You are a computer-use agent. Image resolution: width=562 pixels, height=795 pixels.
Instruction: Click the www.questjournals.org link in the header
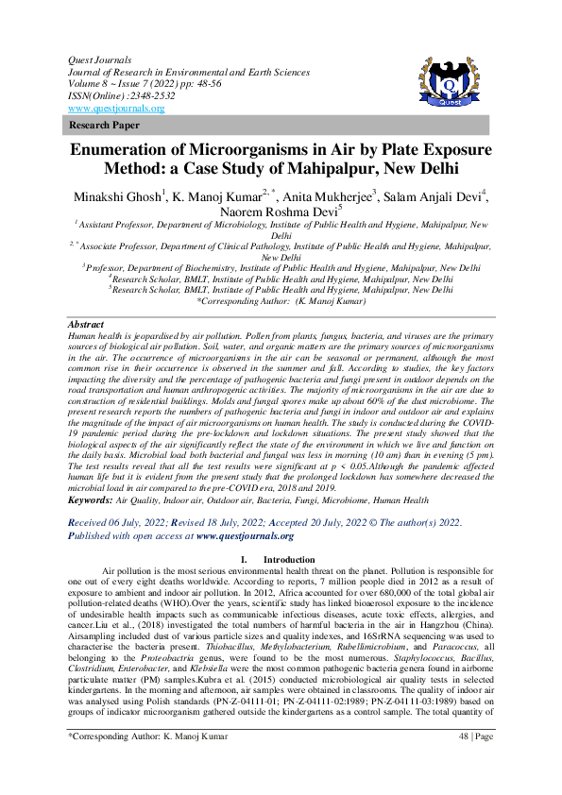[111, 108]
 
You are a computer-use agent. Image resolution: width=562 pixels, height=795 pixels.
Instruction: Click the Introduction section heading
[289, 560]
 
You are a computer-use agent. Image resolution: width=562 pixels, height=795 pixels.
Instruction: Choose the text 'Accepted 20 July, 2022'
[324, 521]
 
